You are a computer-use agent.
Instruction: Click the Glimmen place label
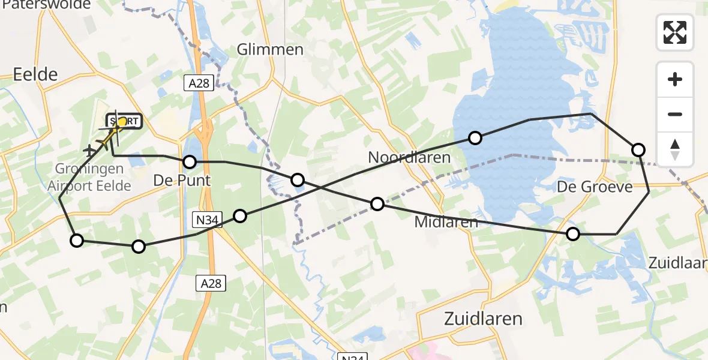coord(270,49)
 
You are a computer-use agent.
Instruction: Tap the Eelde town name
coord(35,74)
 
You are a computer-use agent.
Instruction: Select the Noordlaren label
coord(409,158)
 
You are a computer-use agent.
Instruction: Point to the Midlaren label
coord(446,222)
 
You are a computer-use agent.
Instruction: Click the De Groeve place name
coord(595,187)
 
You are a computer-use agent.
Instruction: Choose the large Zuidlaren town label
coord(483,318)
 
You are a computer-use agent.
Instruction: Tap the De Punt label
coord(182,180)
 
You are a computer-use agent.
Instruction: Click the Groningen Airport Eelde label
coord(89,178)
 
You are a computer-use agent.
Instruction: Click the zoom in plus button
coord(675,79)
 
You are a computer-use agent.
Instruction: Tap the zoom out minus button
coord(675,114)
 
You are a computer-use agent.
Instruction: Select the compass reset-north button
coord(675,149)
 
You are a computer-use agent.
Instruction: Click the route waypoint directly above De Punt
coord(190,162)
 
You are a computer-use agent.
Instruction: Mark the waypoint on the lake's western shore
coord(475,139)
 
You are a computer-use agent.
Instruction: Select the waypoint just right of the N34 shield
coord(240,216)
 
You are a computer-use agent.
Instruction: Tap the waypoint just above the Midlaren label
coord(377,204)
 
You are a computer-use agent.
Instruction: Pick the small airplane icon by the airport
coord(91,150)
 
